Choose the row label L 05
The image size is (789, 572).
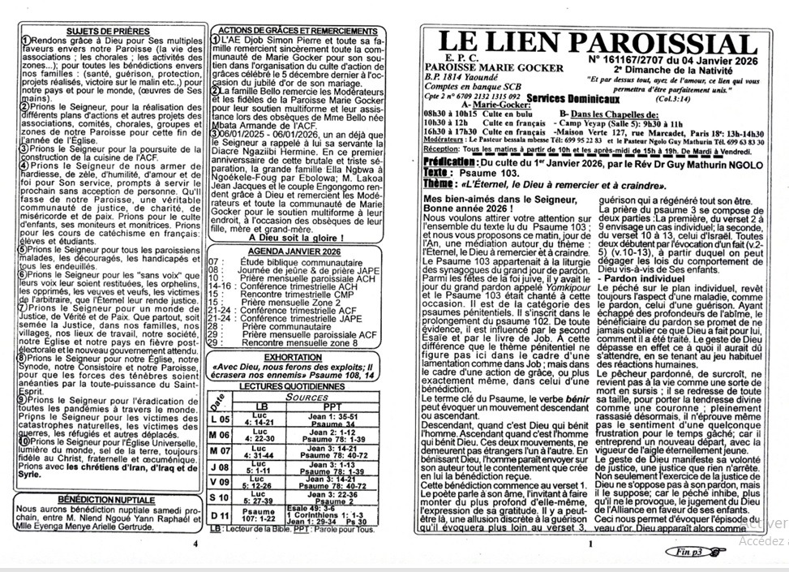pos(220,419)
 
